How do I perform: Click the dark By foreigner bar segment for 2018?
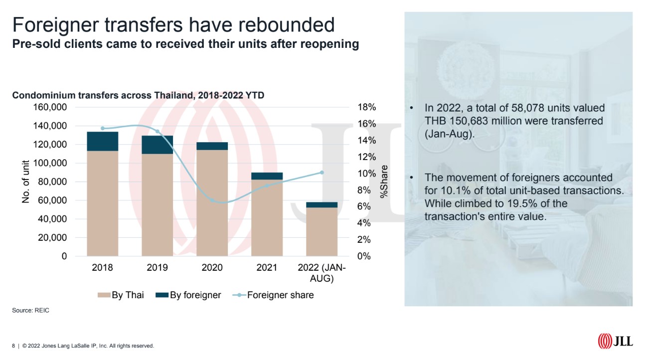[102, 141]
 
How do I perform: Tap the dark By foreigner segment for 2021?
[267, 176]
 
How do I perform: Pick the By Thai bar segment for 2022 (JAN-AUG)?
[322, 232]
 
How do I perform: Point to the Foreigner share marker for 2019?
[157, 132]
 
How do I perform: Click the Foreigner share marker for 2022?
[322, 173]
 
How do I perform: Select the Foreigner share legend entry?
[274, 295]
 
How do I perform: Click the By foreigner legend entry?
[189, 295]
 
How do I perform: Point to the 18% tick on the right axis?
[367, 107]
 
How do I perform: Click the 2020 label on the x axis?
[212, 268]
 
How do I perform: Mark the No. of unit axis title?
[26, 182]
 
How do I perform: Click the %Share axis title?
[384, 182]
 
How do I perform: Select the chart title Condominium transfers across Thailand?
[138, 96]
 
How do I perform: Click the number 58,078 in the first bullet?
[519, 108]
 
